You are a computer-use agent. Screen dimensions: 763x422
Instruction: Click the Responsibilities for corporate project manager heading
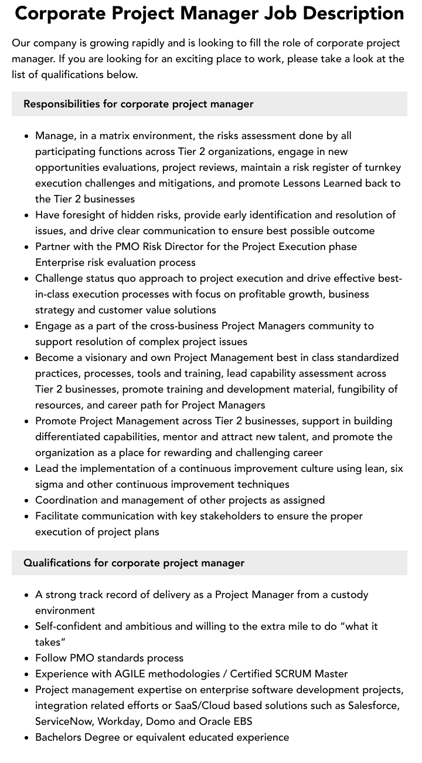(x=138, y=104)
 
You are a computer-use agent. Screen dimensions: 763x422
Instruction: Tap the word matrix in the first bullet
(x=113, y=136)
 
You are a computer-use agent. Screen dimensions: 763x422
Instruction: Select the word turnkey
(x=383, y=167)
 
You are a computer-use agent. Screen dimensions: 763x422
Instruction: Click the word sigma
(x=50, y=484)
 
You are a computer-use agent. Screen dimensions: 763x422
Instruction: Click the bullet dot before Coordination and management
(x=27, y=501)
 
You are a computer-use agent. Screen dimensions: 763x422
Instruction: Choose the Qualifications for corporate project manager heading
(x=134, y=563)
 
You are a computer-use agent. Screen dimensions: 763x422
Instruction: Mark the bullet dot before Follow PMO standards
(x=27, y=659)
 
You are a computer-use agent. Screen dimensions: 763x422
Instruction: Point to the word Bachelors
(x=59, y=737)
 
